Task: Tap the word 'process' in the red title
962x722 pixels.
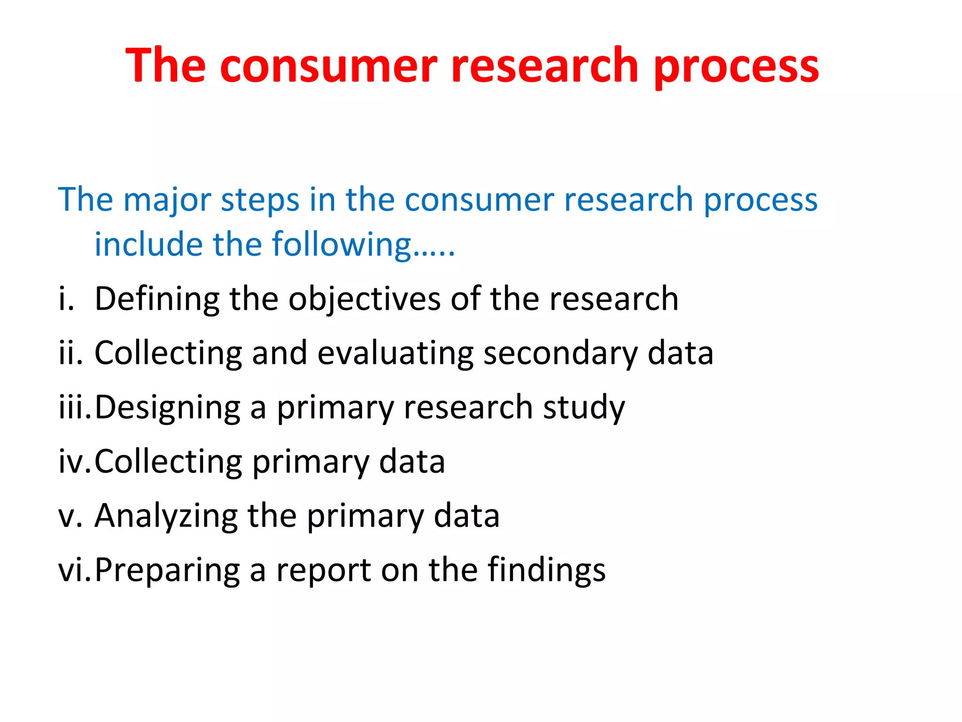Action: point(736,67)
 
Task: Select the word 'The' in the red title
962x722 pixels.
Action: point(166,66)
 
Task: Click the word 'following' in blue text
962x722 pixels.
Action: point(341,245)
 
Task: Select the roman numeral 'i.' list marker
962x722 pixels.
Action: point(66,299)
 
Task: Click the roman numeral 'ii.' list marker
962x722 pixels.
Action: point(70,353)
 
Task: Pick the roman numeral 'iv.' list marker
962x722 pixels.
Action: point(74,462)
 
